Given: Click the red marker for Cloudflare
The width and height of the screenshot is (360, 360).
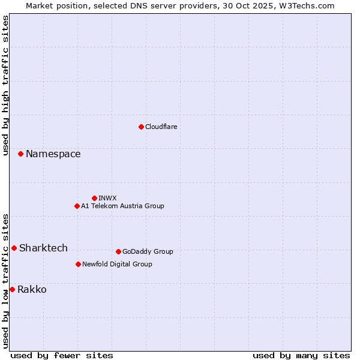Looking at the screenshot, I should coord(141,127).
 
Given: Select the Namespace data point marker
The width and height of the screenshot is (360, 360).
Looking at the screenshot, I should coord(20,154).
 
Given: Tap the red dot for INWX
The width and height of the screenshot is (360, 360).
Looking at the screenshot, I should coord(94,198).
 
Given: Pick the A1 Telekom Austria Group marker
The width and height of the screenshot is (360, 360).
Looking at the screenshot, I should coord(77,206).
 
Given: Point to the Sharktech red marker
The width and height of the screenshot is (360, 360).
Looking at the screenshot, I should coord(14,248).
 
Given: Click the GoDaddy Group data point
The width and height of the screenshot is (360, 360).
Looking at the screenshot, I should coord(118,251).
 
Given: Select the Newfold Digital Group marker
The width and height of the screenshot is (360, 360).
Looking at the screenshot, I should coord(78,264).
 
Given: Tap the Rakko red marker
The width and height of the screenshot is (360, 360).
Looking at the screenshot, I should coord(12,289).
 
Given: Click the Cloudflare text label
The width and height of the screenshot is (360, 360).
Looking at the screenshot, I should coord(161,127).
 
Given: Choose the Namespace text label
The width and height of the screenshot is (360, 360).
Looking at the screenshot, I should coord(53,154).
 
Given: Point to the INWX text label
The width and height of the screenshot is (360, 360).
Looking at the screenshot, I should coord(107,198).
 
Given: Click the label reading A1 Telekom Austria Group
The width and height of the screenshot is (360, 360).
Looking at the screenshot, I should coord(122,206).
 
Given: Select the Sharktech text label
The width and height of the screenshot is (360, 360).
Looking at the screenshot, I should coord(43,248).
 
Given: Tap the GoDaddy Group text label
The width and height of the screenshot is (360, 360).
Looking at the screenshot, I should coord(148,251).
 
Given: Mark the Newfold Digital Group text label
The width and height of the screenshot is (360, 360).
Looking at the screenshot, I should coord(117,264).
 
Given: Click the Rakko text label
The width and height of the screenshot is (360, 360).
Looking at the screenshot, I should coord(32,290).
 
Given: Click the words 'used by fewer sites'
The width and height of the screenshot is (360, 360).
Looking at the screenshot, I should coord(62,355).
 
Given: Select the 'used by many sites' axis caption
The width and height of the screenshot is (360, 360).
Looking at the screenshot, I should coord(301,355).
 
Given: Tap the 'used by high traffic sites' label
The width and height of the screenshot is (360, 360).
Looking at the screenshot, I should coord(5,85).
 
